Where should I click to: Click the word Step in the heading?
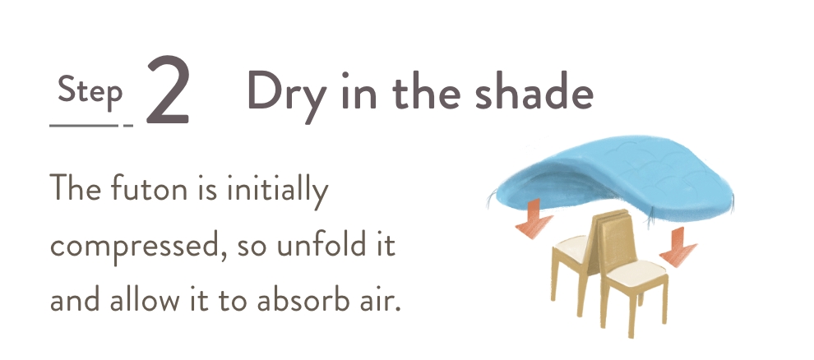pyautogui.click(x=90, y=92)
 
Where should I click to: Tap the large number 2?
pyautogui.click(x=167, y=90)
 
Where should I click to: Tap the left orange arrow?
pyautogui.click(x=533, y=219)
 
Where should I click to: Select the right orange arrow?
pyautogui.click(x=678, y=247)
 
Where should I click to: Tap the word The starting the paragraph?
pyautogui.click(x=75, y=187)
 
